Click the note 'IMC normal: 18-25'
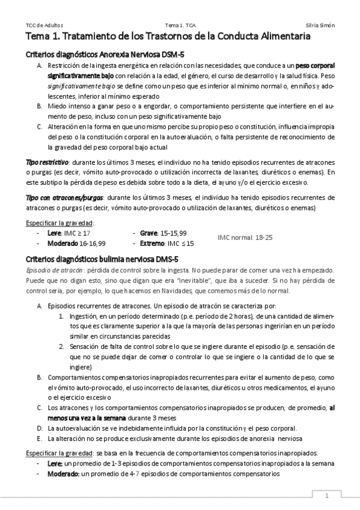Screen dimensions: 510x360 tap(245, 238)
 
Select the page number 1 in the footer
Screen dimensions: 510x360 tap(327, 496)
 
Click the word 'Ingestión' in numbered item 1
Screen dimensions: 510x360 tap(84, 316)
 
